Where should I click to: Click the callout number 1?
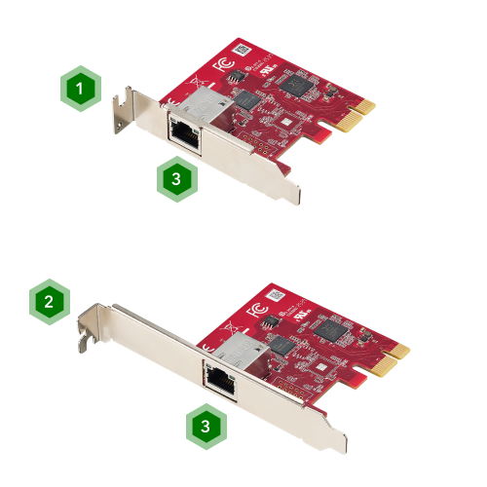coord(80,88)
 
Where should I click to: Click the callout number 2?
coord(49,300)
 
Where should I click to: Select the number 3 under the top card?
coord(175,179)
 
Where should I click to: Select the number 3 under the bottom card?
coord(205,427)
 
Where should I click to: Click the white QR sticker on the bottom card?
coord(278,293)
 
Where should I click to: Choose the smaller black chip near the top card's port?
coord(247,99)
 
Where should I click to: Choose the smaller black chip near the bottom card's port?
coord(282,344)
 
